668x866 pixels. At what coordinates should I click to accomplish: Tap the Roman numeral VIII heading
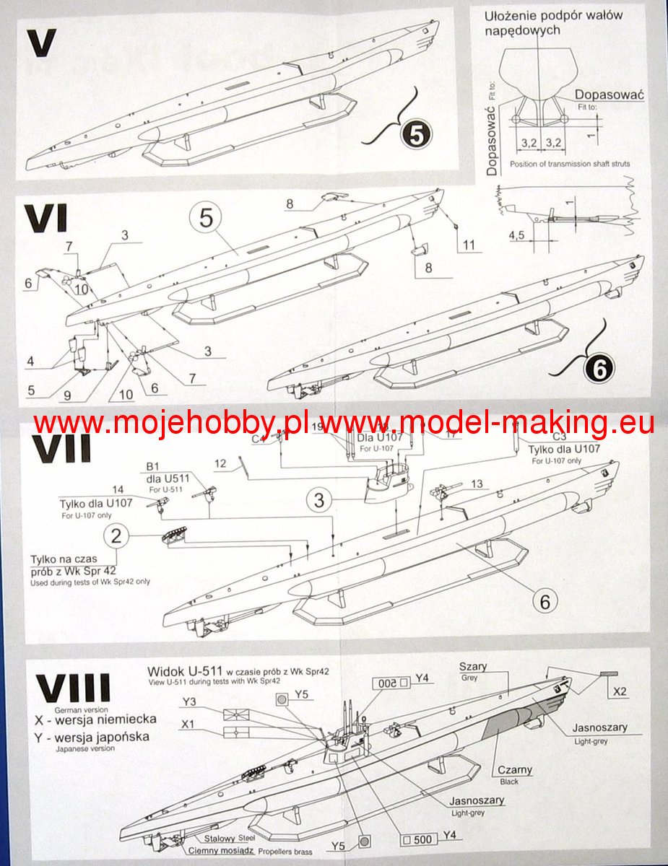(74, 689)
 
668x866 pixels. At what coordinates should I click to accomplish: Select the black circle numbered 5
(419, 134)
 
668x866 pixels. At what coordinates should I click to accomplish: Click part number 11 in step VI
(470, 245)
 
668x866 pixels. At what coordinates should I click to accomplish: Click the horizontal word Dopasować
(609, 95)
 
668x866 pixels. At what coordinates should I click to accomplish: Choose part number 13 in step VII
(476, 484)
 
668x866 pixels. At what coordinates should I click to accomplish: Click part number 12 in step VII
(221, 463)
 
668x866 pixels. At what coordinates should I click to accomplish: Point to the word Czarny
(513, 770)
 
